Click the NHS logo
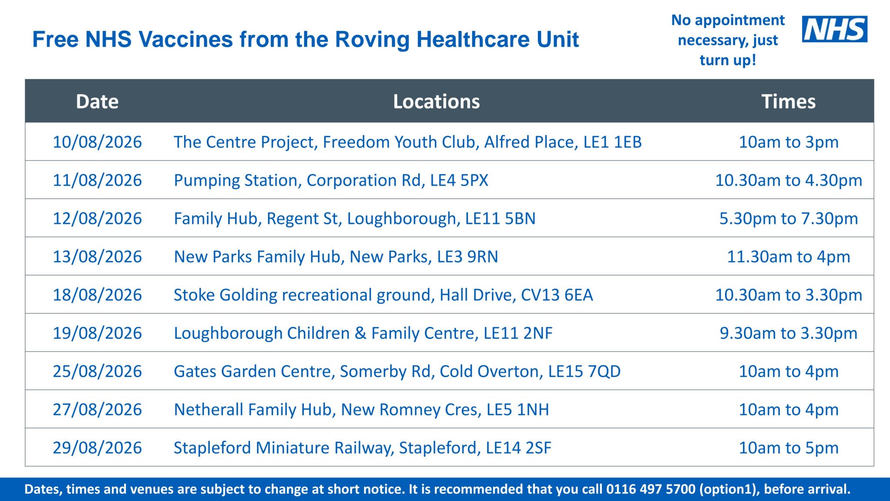click(834, 29)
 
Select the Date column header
click(97, 101)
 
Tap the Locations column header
click(436, 101)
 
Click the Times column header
click(788, 101)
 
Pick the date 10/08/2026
click(97, 142)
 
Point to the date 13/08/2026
click(97, 257)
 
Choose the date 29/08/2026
click(97, 448)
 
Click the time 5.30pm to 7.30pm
click(788, 219)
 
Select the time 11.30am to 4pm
click(788, 257)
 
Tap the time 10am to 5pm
click(788, 448)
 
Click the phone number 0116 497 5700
click(651, 489)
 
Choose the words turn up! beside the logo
click(728, 60)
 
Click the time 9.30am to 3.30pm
click(788, 333)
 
